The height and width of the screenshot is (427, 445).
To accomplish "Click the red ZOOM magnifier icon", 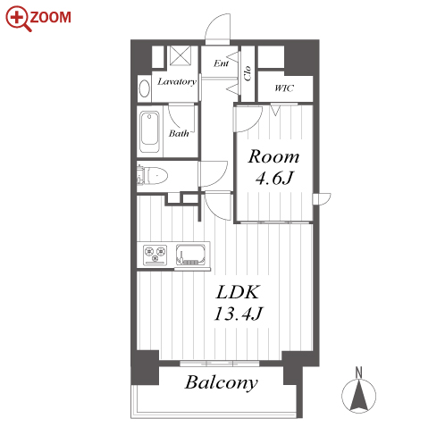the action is pyautogui.click(x=18, y=19).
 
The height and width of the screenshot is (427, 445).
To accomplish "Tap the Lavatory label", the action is pyautogui.click(x=177, y=81).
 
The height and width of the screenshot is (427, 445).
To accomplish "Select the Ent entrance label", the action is pyautogui.click(x=222, y=63).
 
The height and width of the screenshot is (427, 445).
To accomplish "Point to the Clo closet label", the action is pyautogui.click(x=248, y=73).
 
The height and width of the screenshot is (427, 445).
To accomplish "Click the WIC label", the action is pyautogui.click(x=284, y=88).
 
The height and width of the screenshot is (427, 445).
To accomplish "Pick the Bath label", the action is pyautogui.click(x=179, y=133).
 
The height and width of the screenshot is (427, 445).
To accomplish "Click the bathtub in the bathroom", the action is pyautogui.click(x=149, y=132).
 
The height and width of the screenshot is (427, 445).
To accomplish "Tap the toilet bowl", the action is pyautogui.click(x=155, y=176).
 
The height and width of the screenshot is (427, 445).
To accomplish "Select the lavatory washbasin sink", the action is pyautogui.click(x=145, y=88).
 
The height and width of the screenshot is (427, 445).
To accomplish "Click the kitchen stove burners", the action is pyautogui.click(x=155, y=255).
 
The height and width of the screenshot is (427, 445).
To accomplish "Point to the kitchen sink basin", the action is pyautogui.click(x=190, y=255).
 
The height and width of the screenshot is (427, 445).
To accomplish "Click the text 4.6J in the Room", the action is pyautogui.click(x=274, y=178).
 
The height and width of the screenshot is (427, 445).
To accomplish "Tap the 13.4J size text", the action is pyautogui.click(x=239, y=314).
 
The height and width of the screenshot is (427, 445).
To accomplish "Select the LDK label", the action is pyautogui.click(x=239, y=292).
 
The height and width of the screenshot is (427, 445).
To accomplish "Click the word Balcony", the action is pyautogui.click(x=222, y=382).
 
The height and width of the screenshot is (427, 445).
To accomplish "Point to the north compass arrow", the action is pyautogui.click(x=359, y=395).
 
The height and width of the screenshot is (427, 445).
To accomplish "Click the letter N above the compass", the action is pyautogui.click(x=359, y=373).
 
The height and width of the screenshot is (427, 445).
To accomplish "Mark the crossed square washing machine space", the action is pyautogui.click(x=181, y=55).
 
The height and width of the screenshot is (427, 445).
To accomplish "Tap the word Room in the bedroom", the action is pyautogui.click(x=273, y=156).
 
